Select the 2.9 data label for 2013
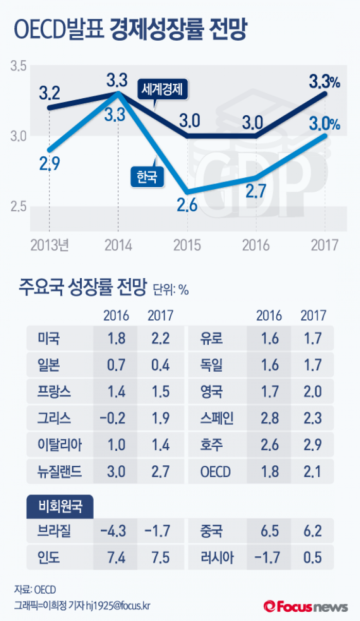point(50,164)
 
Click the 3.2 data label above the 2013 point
point(49,94)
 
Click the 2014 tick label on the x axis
point(118,245)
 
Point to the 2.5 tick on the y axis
point(19,208)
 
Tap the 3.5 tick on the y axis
point(19,66)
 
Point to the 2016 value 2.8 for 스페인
point(269,418)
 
